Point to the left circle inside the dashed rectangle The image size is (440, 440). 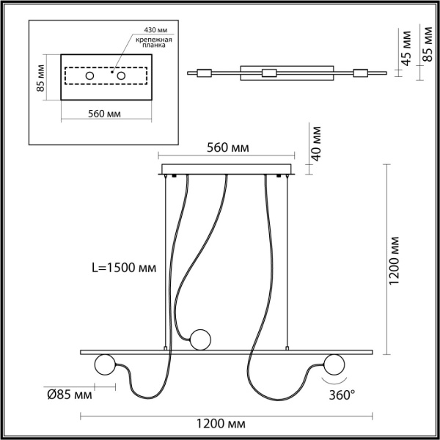click(x=89, y=76)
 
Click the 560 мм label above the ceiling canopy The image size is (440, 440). click(x=227, y=148)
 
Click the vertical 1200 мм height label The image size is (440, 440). click(x=395, y=260)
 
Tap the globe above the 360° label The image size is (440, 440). click(x=334, y=363)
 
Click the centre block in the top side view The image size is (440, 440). click(x=269, y=73)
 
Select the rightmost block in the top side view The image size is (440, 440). click(x=361, y=73)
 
